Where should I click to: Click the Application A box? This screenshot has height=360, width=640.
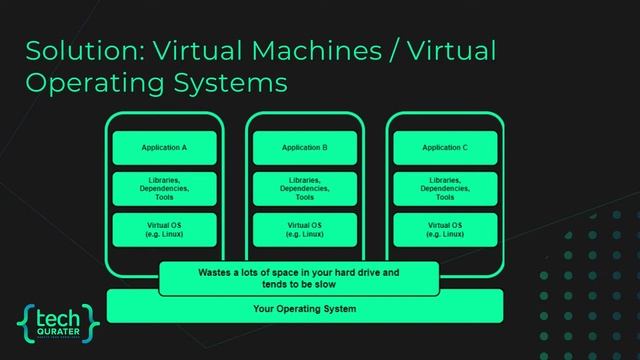[x=164, y=148]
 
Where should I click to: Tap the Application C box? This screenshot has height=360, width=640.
[x=445, y=148]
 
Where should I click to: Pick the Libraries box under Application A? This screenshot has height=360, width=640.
[x=164, y=187]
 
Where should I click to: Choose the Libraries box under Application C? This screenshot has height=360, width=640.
[x=445, y=187]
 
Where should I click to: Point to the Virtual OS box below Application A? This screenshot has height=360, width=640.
[x=164, y=228]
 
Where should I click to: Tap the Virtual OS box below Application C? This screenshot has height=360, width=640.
[x=445, y=228]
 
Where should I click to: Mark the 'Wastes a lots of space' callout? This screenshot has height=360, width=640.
[x=298, y=277]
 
